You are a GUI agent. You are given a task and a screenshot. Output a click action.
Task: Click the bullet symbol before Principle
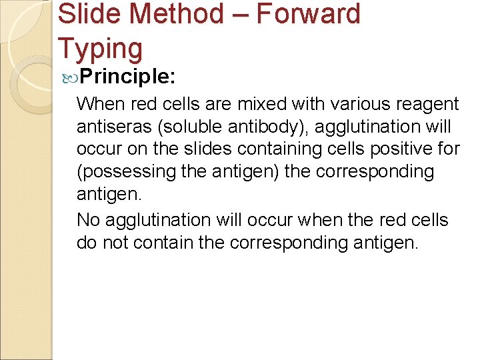pyautogui.click(x=72, y=77)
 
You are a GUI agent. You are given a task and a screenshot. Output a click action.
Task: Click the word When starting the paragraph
pyautogui.click(x=99, y=104)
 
